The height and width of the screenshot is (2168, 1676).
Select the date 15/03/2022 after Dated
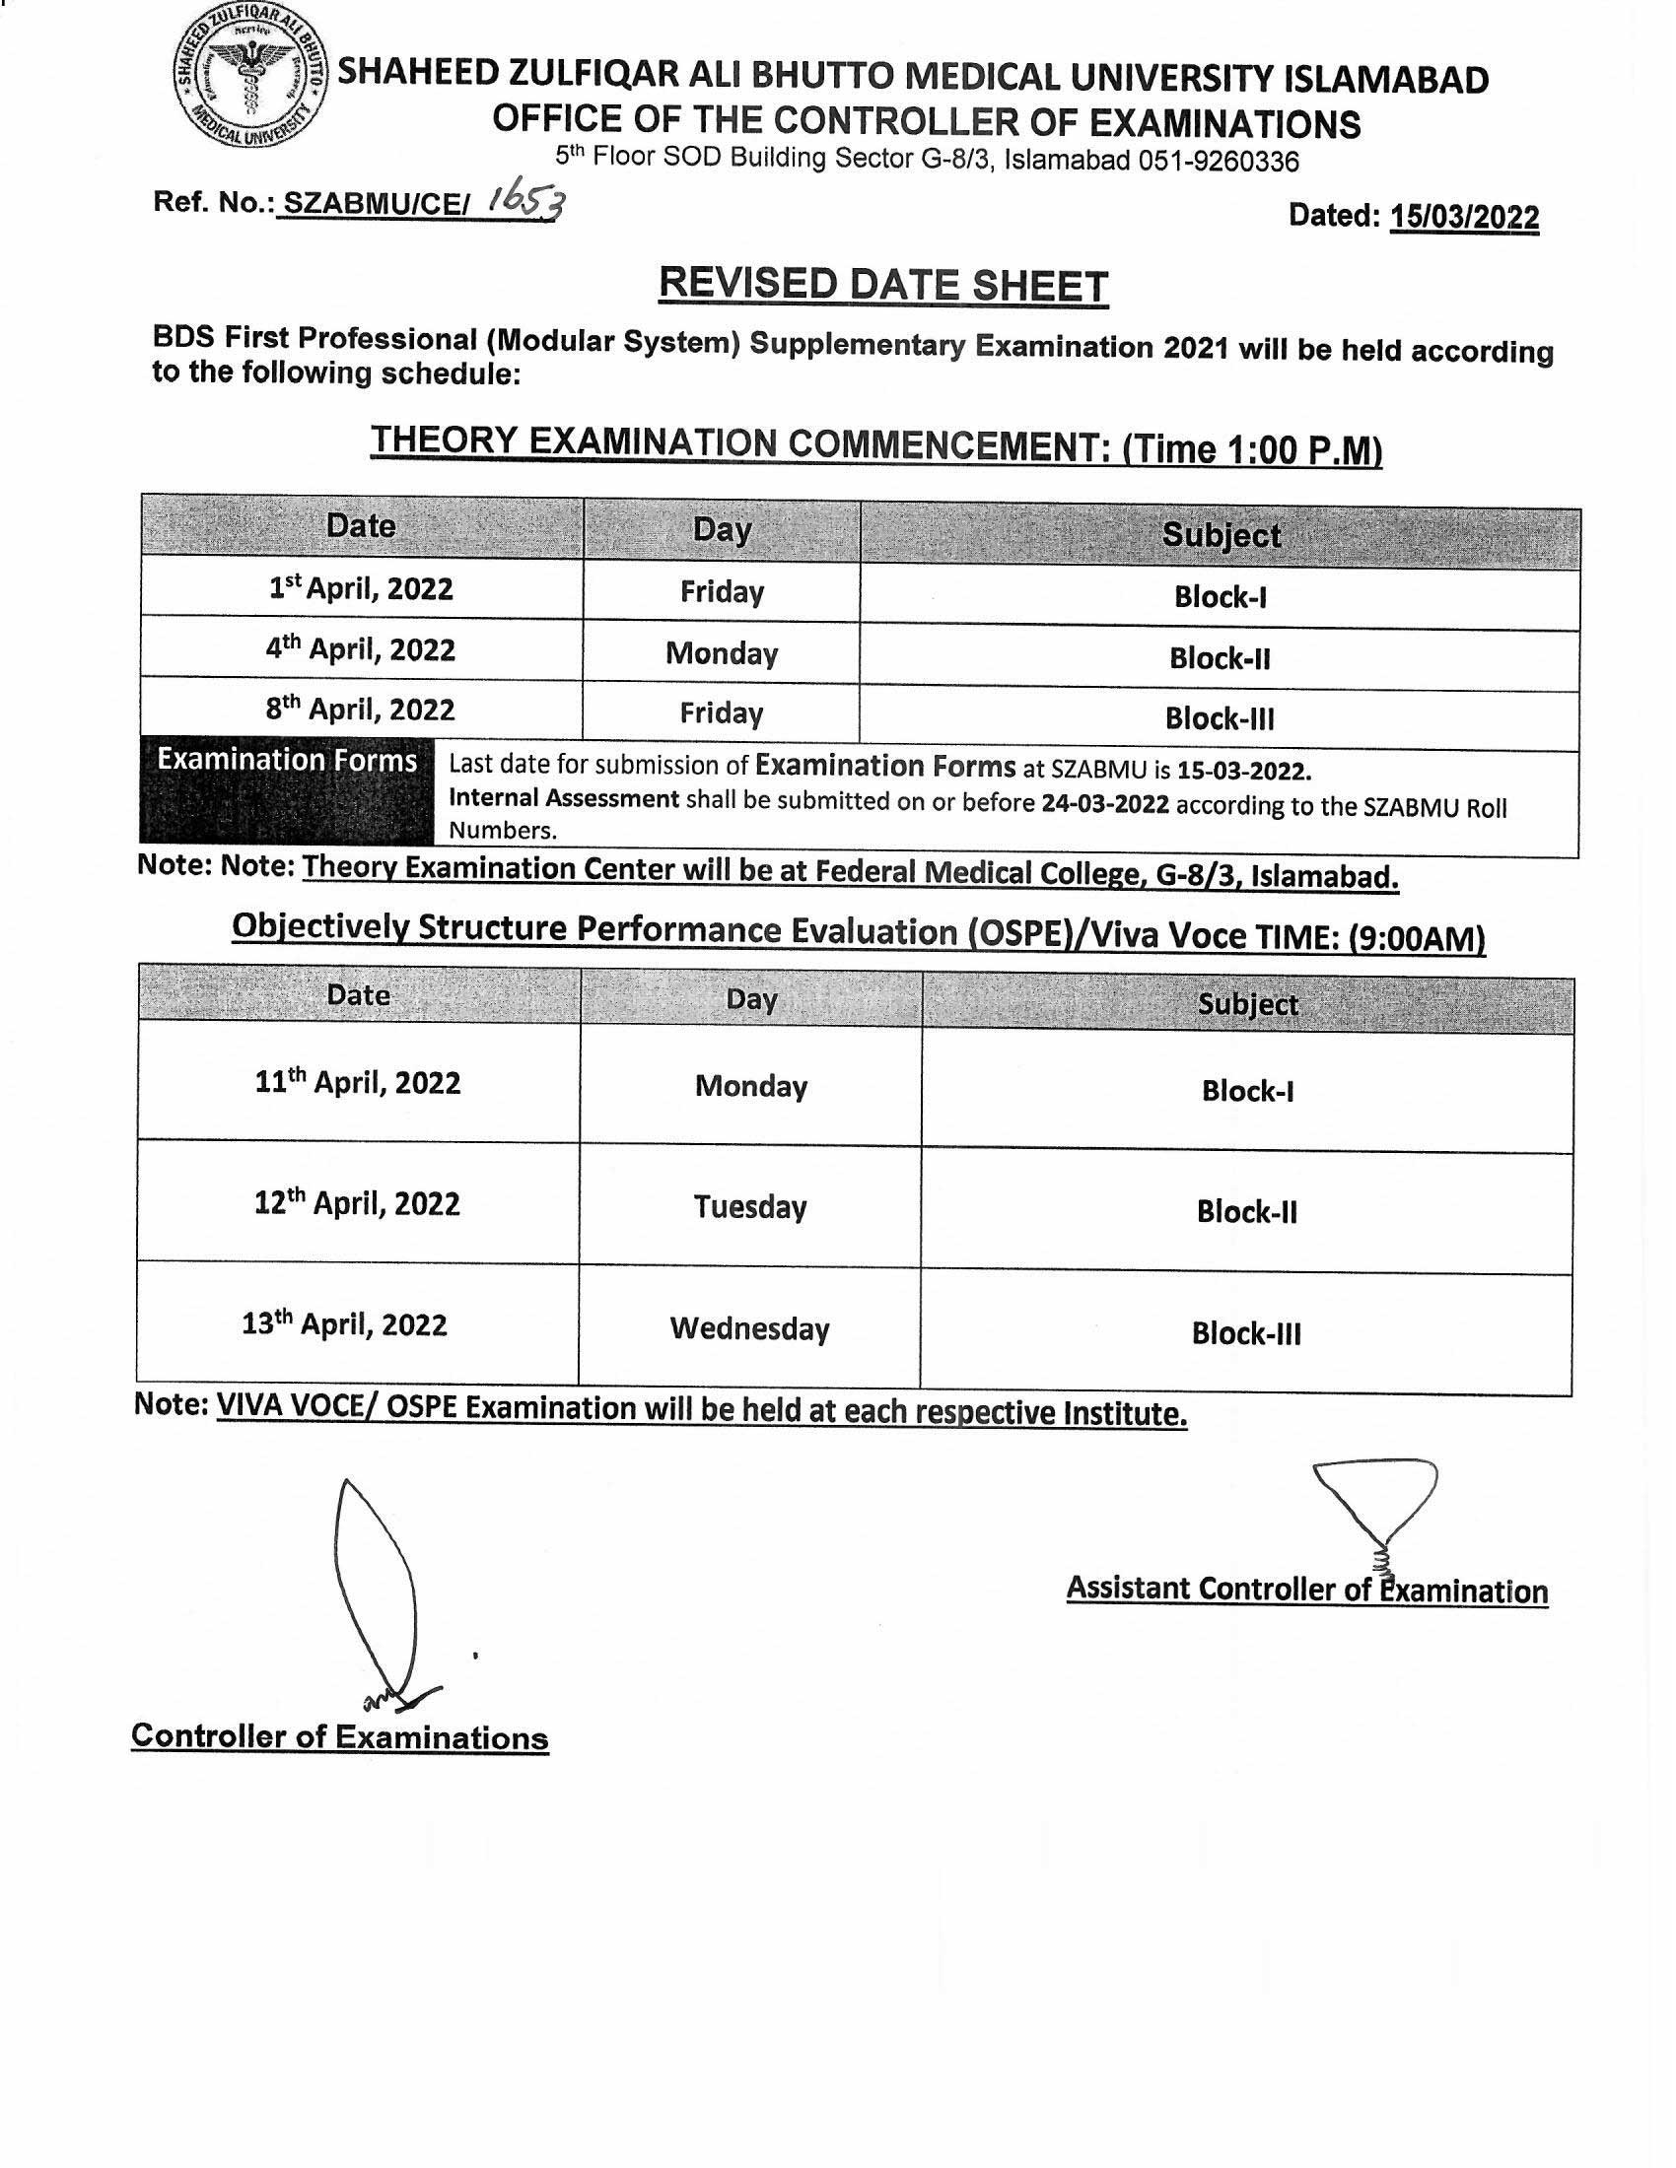(1463, 217)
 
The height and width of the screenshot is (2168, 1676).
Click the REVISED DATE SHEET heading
(882, 285)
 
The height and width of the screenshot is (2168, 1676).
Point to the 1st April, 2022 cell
(362, 589)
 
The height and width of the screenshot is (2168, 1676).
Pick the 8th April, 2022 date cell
(361, 710)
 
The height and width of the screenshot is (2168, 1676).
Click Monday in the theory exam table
(722, 653)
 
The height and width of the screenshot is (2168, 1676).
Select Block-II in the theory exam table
(1220, 658)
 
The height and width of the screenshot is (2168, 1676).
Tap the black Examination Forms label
(287, 761)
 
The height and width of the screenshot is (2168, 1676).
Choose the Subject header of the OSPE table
(1247, 1004)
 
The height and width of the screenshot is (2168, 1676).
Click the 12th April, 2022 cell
(358, 1204)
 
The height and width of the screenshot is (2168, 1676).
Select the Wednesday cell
(749, 1328)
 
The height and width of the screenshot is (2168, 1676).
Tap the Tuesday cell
(749, 1207)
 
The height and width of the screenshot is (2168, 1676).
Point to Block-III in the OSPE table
(1246, 1333)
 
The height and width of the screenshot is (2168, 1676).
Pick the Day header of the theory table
(722, 529)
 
